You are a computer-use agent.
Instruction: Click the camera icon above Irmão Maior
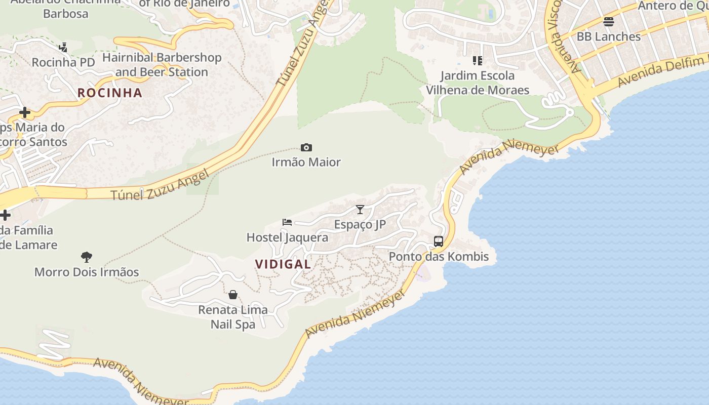coord(306,148)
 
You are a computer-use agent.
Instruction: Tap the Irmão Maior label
coord(306,162)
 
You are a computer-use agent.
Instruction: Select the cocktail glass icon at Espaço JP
coord(360,210)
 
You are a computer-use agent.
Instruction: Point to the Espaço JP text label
coord(360,224)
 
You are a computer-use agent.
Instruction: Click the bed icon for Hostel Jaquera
coord(287,222)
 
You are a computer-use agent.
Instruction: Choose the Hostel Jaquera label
coord(287,237)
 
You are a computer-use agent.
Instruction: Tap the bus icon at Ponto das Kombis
coord(439,241)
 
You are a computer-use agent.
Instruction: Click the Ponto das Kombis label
coord(439,257)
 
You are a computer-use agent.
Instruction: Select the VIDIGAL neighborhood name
coord(283,264)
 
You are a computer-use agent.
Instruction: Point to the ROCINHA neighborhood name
coord(110,93)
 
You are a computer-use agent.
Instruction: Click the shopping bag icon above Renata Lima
coord(233,295)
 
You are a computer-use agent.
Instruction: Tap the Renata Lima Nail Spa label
coord(233,317)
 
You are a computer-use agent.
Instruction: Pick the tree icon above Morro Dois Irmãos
coord(87,257)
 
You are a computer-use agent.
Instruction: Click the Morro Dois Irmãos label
coord(87,272)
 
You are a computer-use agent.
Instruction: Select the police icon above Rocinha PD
coord(63,48)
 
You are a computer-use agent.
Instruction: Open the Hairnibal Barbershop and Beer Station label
coord(162,65)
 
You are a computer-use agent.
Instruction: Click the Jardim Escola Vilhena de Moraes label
coord(478,83)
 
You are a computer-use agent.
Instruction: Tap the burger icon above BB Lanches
coord(609,22)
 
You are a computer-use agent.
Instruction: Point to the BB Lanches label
coord(609,36)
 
